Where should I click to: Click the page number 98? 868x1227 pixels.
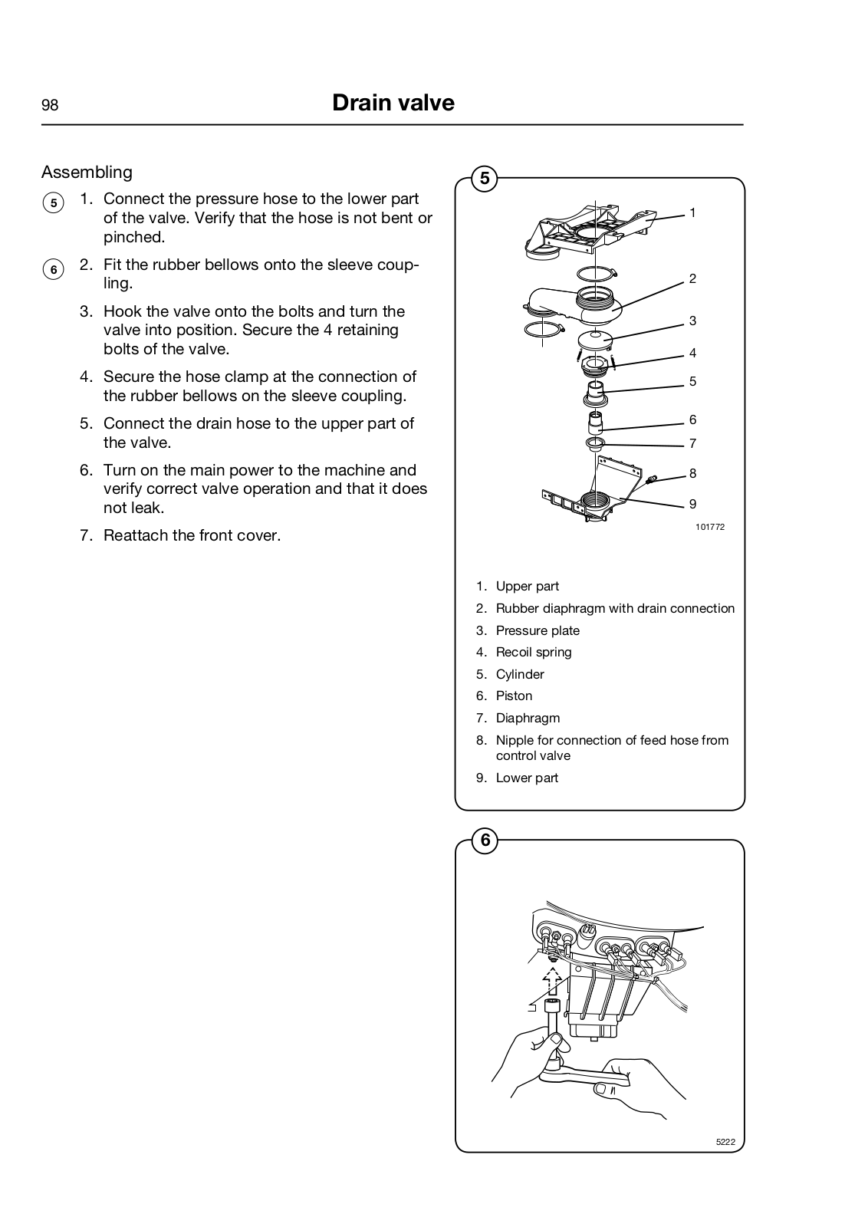(50, 106)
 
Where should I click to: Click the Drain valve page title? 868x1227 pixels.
(393, 104)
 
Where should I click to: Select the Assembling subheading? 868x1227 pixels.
(87, 172)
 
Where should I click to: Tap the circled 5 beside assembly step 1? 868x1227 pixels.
(53, 203)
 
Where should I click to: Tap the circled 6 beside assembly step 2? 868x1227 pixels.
(53, 269)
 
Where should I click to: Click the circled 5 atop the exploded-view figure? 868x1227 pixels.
(485, 179)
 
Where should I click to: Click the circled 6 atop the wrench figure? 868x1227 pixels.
(485, 840)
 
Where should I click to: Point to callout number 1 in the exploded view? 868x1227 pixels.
(692, 212)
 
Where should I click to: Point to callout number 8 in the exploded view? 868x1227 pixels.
(692, 473)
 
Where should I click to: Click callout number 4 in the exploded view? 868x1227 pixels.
(692, 353)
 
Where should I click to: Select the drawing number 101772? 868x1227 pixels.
(710, 527)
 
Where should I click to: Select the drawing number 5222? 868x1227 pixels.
(725, 1142)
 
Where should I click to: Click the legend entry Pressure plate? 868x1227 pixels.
(538, 630)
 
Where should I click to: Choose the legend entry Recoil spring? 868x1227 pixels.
(534, 652)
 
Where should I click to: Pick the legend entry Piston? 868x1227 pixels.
(514, 696)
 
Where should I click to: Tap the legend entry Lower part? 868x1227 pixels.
(527, 778)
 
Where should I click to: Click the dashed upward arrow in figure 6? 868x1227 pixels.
(551, 982)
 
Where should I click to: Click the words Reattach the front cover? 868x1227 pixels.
(192, 535)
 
